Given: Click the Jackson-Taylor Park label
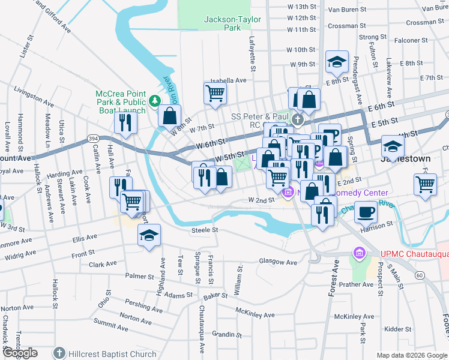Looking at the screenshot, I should click(x=232, y=23).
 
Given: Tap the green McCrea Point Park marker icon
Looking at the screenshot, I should click(x=155, y=100).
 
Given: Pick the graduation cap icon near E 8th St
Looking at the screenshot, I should click(x=337, y=61).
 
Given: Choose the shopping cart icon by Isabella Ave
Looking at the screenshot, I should click(x=214, y=93).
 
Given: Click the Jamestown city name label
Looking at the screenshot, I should click(x=405, y=160).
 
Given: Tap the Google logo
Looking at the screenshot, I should click(x=19, y=353).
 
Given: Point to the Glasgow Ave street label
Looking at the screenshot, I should click(x=278, y=262).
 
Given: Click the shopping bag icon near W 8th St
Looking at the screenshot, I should click(x=170, y=115).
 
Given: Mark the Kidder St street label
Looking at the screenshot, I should click(x=397, y=329).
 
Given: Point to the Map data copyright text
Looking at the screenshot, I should click(x=412, y=355).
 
